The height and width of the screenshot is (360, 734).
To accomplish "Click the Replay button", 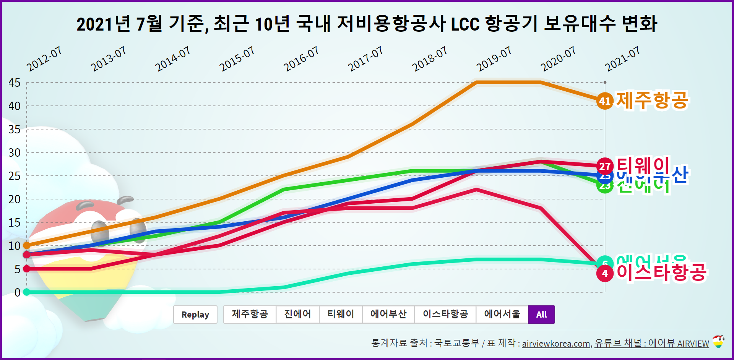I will point(195,315).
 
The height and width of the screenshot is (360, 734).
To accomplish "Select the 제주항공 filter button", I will point(250,315).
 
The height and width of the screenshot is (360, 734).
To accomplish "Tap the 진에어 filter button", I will point(297,315).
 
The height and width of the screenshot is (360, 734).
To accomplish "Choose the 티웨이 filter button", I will point(341,315).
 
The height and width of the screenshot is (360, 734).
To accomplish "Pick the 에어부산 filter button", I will point(388,315).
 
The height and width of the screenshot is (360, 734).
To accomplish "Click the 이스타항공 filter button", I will point(445,315).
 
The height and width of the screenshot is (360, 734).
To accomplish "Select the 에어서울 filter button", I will point(502,315).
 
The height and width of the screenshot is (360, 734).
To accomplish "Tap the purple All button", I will point(541,315).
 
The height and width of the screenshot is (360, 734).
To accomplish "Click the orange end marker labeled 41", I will point(605,101).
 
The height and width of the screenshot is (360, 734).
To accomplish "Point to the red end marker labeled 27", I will point(605,166).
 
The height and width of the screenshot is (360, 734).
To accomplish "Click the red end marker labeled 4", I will point(605,273).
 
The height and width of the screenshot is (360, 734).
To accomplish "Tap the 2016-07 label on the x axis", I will point(301,59).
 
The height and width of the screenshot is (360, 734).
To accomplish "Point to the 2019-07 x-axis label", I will point(494,59).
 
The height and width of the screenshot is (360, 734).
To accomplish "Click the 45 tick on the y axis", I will point(15,83).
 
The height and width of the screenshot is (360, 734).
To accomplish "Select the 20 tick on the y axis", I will point(15,199).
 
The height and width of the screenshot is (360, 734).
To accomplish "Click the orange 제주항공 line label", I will point(652,100).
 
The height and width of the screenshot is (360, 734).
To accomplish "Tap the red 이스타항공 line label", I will point(661,272).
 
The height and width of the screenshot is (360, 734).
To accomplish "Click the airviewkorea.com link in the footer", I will point(556,344).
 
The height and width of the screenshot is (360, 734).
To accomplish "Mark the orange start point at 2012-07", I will point(27,245).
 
